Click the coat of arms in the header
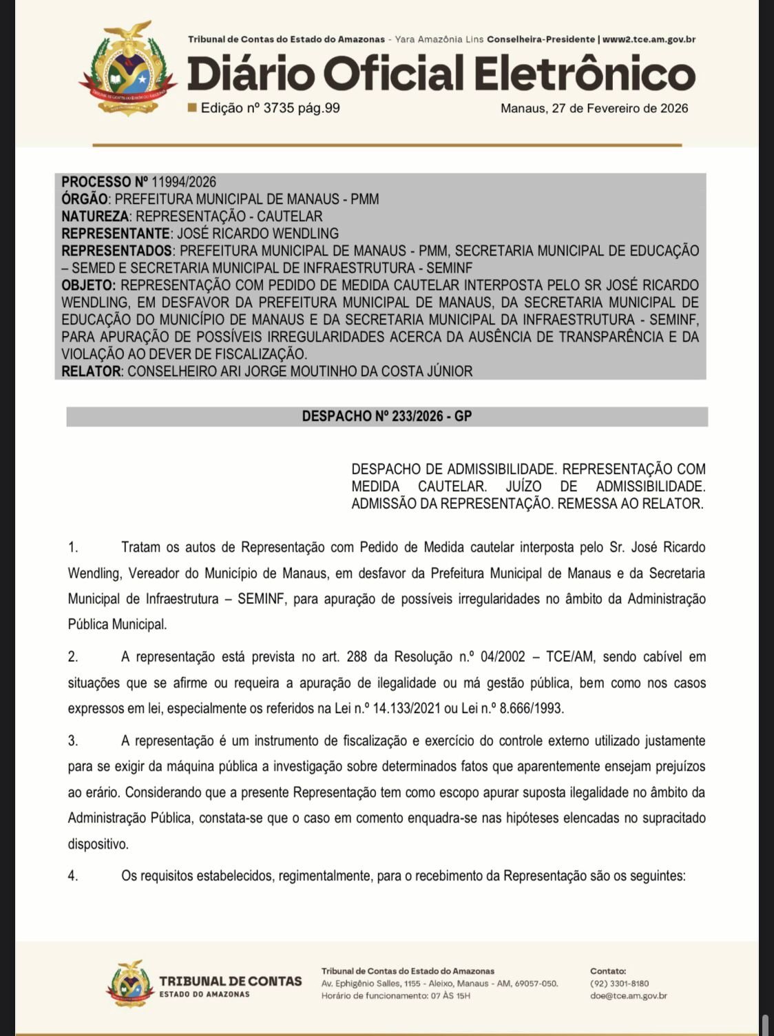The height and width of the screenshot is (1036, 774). [128, 68]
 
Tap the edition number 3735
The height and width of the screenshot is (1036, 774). [279, 108]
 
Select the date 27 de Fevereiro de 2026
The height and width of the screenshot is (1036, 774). [619, 108]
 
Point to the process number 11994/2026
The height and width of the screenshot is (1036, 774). [184, 182]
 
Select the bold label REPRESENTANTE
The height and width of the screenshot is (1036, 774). [115, 234]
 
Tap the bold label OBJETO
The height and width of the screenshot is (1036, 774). [88, 285]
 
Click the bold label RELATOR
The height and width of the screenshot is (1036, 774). [92, 371]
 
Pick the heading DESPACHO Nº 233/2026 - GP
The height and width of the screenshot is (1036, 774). [386, 416]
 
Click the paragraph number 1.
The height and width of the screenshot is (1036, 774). [73, 548]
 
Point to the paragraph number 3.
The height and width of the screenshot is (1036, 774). [73, 741]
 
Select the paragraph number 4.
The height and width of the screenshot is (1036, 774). [73, 876]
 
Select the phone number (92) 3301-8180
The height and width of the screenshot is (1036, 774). [619, 984]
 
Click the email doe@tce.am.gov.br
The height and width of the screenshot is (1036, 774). [628, 995]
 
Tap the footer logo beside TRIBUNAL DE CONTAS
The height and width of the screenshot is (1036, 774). [129, 984]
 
